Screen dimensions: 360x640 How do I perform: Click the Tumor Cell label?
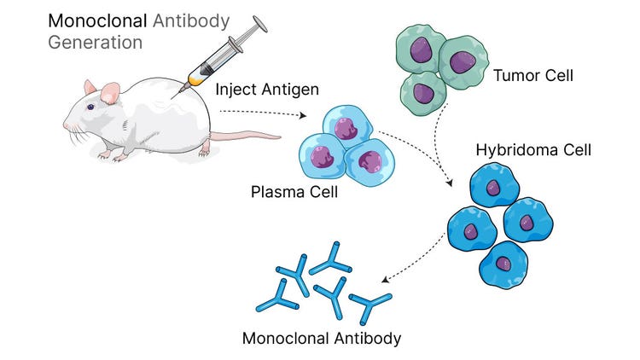click(532, 76)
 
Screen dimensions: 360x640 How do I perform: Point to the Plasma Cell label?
click(294, 192)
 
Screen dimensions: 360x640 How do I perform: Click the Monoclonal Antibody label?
click(322, 338)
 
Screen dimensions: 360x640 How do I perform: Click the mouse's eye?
click(91, 107)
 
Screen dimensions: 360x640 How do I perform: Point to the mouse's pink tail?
click(247, 136)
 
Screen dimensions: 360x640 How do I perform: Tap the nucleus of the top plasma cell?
click(346, 128)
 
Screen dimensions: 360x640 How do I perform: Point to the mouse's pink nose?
click(66, 126)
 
